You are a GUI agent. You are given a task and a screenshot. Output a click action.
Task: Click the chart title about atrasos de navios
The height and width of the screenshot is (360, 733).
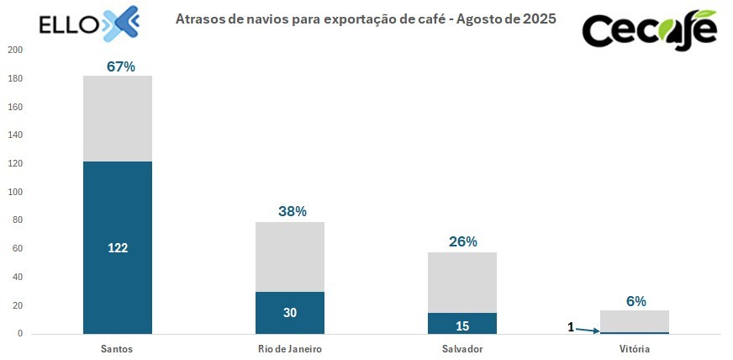[366, 18]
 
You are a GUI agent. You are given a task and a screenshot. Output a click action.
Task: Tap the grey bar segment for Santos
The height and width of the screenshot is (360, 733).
[117, 118]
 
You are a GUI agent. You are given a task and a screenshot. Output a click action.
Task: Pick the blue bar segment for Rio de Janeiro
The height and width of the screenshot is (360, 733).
[290, 313]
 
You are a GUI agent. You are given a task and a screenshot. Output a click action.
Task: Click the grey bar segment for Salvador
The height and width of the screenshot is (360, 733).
[462, 283]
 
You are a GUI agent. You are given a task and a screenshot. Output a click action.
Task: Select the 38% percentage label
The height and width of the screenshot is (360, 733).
[293, 212]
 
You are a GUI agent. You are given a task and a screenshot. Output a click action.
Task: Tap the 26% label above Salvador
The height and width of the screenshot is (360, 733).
[463, 241]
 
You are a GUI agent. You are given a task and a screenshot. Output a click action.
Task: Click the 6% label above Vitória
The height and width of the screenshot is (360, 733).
[635, 301]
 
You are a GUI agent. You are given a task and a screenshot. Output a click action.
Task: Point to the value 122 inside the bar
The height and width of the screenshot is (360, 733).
[117, 248]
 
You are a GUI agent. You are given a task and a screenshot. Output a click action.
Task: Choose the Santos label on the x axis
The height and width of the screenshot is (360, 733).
[117, 348]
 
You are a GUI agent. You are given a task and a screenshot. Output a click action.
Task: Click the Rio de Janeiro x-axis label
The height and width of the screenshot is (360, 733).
[290, 348]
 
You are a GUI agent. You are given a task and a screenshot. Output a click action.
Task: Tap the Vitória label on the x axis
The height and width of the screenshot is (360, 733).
[635, 348]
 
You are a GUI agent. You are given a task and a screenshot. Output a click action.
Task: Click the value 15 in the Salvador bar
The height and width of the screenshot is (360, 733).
[462, 325]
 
